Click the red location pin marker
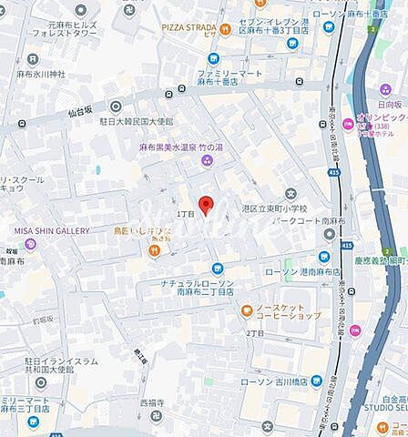[x=206, y=205]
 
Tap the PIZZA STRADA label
[x=188, y=27]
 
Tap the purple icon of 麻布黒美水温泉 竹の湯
[x=206, y=161]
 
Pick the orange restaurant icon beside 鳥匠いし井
[x=157, y=242]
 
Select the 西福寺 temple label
[x=151, y=401]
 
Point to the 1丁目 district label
[x=186, y=212]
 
